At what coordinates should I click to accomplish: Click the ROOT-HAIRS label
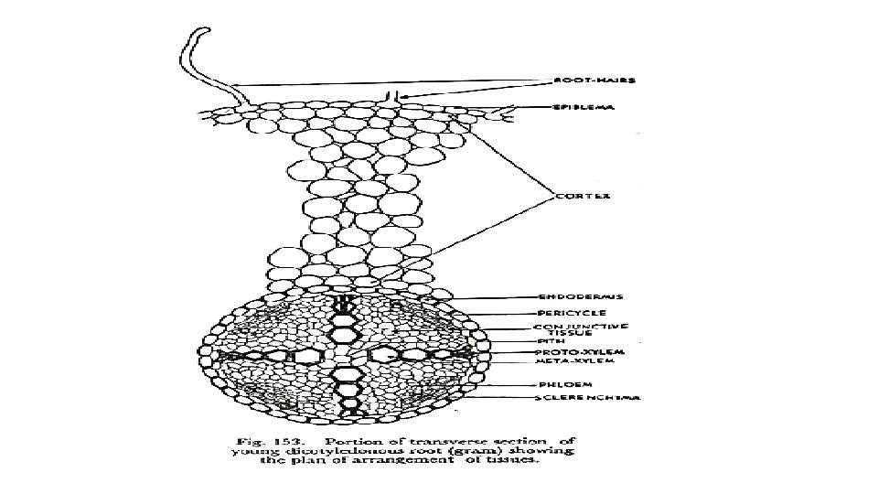click(x=594, y=80)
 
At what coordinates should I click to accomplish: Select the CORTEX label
click(x=584, y=196)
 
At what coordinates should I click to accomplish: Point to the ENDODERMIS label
click(x=580, y=296)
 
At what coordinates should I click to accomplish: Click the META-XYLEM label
click(x=574, y=361)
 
